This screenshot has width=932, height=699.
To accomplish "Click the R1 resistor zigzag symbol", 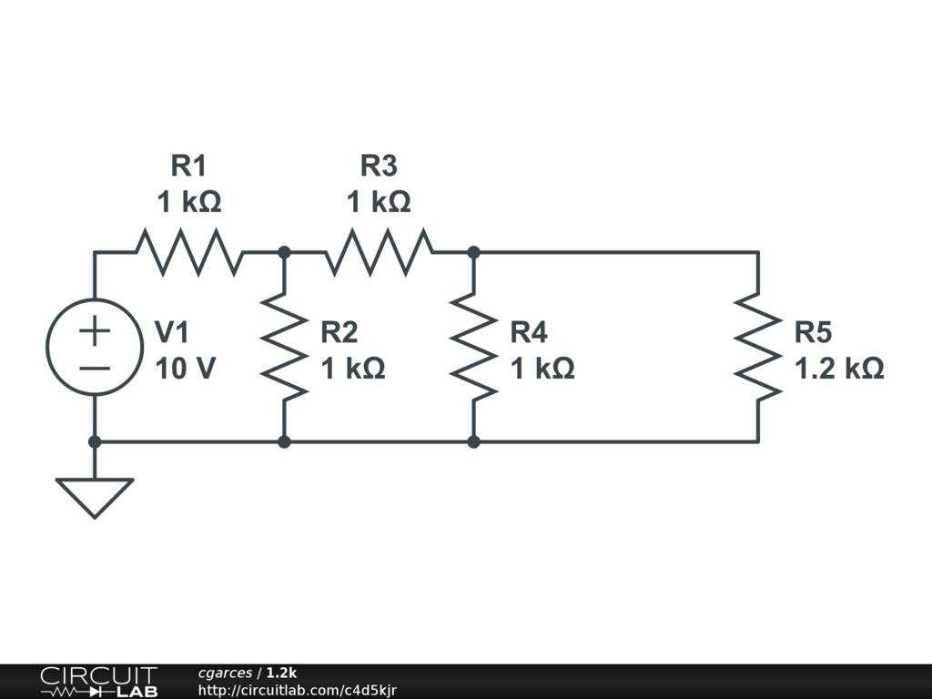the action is click(189, 252).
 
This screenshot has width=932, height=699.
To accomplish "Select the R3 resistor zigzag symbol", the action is click(379, 252).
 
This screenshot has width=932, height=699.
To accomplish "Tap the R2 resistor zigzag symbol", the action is click(284, 347).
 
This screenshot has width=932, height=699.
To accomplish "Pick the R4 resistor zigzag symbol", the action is click(473, 347).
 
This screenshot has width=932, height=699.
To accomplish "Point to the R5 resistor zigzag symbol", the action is click(758, 347).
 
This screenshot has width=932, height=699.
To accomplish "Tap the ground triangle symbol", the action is click(95, 498).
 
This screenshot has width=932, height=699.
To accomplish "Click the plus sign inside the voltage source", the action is click(95, 330).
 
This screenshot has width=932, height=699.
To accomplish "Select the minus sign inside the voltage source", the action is click(95, 369).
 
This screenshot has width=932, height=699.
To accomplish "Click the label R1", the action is click(188, 166).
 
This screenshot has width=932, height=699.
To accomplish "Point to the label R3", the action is click(379, 166).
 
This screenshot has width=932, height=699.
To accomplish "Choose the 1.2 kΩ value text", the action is click(839, 369).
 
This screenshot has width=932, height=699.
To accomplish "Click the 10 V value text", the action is click(185, 369).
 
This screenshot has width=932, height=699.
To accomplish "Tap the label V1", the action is click(172, 331).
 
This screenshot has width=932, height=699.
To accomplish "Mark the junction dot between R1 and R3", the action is click(284, 252).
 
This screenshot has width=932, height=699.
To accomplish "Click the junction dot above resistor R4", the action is click(473, 252).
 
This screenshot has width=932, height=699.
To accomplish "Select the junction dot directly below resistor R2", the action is click(284, 441).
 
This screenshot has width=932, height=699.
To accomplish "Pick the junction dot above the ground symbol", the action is click(95, 441).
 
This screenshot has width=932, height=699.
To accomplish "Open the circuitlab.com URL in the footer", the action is click(298, 690).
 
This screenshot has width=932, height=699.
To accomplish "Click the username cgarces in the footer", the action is click(226, 674).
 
